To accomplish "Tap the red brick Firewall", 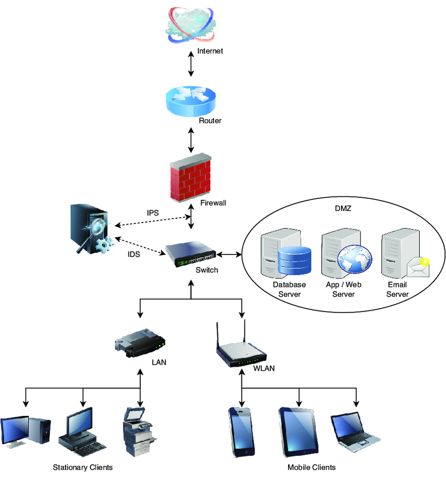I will point(190,178).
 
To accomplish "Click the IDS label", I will point(134,254).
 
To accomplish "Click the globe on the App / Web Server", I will point(354,260).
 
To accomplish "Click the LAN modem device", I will point(140,342).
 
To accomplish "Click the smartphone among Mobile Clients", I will point(241,431).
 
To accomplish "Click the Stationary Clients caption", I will point(83,467).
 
